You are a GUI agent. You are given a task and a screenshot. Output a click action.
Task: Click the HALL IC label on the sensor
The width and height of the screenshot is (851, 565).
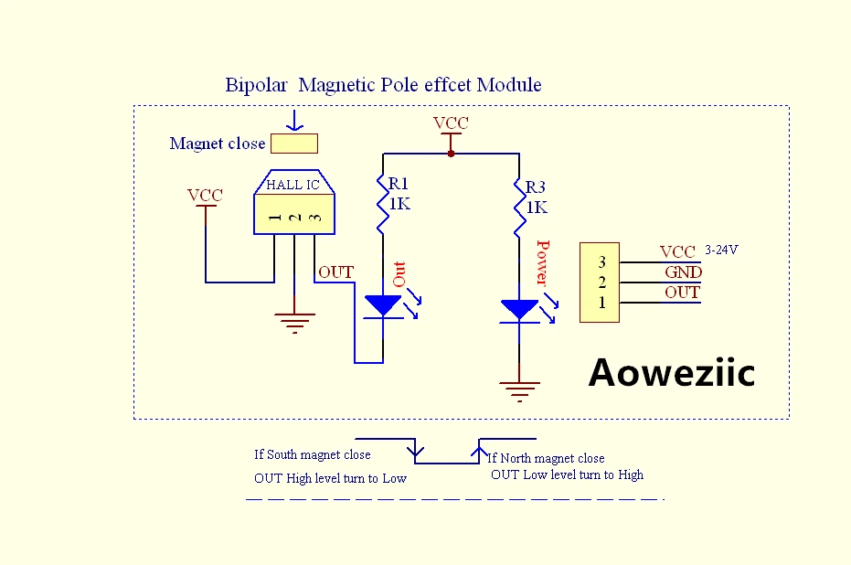coord(293,185)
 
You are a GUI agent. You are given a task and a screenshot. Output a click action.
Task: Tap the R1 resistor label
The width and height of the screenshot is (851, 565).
coord(398,184)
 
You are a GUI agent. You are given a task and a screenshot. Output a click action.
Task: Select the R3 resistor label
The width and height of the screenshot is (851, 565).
coord(535,187)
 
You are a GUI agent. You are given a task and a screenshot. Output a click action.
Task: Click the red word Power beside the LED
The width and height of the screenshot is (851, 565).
coord(543,262)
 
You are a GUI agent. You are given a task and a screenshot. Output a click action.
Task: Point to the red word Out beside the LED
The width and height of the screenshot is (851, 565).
coord(399,274)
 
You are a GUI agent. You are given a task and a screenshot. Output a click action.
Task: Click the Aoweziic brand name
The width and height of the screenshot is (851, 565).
coord(672,372)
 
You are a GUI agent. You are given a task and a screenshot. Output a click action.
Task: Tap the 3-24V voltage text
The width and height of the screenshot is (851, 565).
coord(721,250)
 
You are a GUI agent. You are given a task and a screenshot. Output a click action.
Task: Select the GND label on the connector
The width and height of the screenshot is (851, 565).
coord(684,272)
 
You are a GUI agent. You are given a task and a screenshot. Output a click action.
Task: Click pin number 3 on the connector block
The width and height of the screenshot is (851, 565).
coord(601,262)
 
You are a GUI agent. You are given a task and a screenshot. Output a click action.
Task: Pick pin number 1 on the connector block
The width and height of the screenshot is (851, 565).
coord(601,303)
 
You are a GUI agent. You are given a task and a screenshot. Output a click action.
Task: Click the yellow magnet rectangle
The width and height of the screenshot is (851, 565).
coord(294,144)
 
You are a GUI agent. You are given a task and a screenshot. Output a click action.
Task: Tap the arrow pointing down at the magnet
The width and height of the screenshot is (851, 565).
coord(294,121)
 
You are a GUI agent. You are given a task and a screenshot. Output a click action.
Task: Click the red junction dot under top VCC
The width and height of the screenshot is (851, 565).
coord(451,154)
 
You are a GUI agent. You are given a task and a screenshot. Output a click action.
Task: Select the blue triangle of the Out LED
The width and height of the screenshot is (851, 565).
coord(383,305)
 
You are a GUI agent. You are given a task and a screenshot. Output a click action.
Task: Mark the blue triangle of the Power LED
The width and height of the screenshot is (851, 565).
coord(519,309)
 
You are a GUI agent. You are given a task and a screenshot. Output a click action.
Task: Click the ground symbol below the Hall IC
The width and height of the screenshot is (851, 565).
coord(294,323)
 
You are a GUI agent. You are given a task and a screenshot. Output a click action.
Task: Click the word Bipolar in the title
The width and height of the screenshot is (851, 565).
coord(256,85)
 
